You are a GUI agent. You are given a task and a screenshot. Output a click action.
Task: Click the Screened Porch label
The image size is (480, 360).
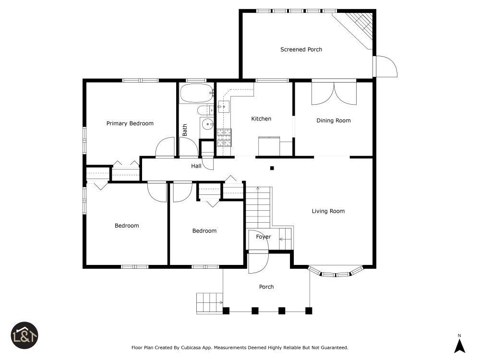tap(301, 49)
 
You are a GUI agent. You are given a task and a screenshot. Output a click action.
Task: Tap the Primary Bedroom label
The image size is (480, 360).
tap(130, 123)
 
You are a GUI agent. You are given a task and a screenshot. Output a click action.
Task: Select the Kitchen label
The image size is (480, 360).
tap(261, 119)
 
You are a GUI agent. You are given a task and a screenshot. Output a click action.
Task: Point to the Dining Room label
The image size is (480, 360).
tap(334, 120)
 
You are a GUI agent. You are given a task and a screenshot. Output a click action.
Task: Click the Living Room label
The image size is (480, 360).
tap(328, 211)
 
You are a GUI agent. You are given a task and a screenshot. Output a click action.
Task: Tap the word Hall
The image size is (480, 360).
tap(196, 166)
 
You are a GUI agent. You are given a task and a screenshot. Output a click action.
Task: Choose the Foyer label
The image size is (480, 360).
tap(264, 237)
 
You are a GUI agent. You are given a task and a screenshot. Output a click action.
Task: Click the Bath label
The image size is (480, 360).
tap(185, 130)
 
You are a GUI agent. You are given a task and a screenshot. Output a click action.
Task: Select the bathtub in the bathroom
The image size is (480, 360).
tap(197, 93)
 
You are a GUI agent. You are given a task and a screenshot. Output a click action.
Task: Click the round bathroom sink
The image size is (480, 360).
tap(208, 124)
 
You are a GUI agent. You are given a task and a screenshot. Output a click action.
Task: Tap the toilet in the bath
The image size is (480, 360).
tap(205, 110)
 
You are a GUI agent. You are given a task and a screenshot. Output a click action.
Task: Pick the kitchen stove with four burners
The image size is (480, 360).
tap(224, 137)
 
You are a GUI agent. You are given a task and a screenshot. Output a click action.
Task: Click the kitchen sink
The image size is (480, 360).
tap(224, 107)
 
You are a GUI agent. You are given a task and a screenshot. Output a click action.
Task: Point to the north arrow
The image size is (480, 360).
tap(459, 346)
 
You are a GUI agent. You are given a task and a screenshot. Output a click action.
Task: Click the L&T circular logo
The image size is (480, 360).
tap(24, 335)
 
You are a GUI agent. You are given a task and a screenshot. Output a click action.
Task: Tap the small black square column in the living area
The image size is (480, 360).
tap(272, 168)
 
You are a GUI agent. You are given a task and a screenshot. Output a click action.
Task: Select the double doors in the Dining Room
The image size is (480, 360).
tap(334, 93)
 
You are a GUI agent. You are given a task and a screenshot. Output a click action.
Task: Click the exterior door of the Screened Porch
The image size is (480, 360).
tap(385, 66)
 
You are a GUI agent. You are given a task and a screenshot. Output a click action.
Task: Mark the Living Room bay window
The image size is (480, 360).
tap(336, 272)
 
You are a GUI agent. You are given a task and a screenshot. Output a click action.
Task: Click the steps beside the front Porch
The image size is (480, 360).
tap(209, 303)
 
